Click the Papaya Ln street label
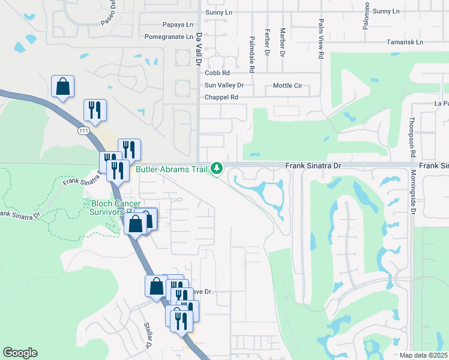tap(178, 25)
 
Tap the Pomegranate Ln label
tap(169, 37)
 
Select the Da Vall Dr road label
tap(199, 46)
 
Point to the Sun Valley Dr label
tap(224, 85)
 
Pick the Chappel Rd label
tap(221, 97)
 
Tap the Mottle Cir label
tap(287, 86)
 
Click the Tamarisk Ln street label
tap(405, 42)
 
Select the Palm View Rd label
tap(321, 46)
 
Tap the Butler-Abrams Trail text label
tap(171, 169)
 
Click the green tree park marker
tap(217, 169)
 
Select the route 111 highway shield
tap(83, 130)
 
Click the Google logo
tap(20, 353)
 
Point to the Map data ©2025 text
tap(423, 355)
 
